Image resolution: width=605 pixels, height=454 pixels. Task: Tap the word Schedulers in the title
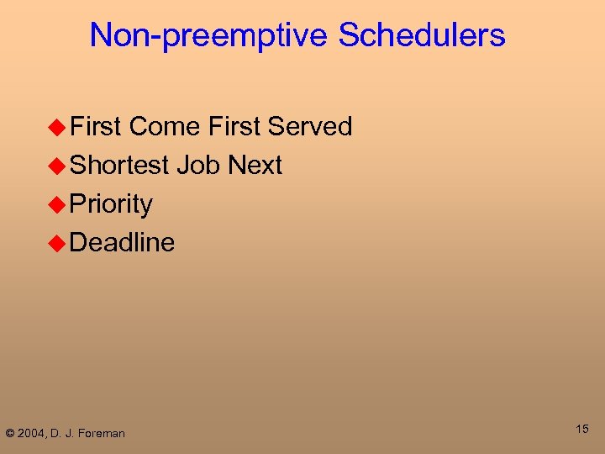422,35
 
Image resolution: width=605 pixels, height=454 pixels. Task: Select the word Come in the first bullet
165,127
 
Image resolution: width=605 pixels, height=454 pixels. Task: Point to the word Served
309,127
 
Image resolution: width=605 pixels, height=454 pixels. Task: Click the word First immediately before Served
234,127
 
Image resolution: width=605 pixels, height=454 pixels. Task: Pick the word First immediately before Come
97,127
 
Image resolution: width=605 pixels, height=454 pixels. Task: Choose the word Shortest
120,166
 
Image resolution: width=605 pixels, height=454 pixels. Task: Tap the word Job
199,166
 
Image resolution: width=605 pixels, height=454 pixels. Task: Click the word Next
255,166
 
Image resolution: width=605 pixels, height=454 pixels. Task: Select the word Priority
111,204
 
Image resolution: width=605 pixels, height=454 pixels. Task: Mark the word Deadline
123,243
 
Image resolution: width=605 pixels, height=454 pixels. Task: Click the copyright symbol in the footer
10,433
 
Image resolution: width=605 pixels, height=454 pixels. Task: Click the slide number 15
581,430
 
